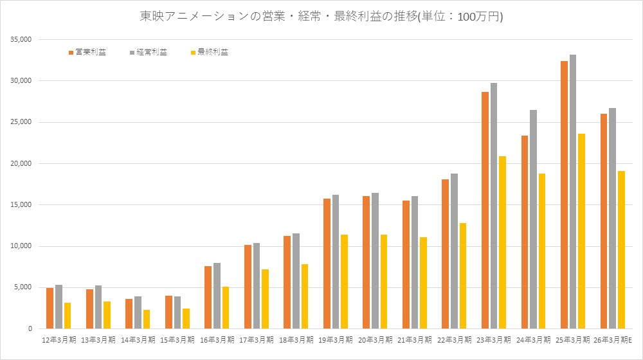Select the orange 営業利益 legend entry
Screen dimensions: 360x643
[87, 52]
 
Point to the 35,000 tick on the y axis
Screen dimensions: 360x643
[21, 40]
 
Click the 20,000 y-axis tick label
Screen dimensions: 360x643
[21, 163]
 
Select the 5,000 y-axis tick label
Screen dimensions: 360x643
[23, 287]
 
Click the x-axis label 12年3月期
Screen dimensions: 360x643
[59, 339]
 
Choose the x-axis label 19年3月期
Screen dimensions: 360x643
[336, 339]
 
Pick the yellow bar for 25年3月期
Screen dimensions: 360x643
[581, 231]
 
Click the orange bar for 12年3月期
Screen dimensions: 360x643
[50, 309]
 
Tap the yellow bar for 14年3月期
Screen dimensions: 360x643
[147, 319]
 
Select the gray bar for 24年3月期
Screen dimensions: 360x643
[534, 219]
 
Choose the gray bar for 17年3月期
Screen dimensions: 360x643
[257, 286]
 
